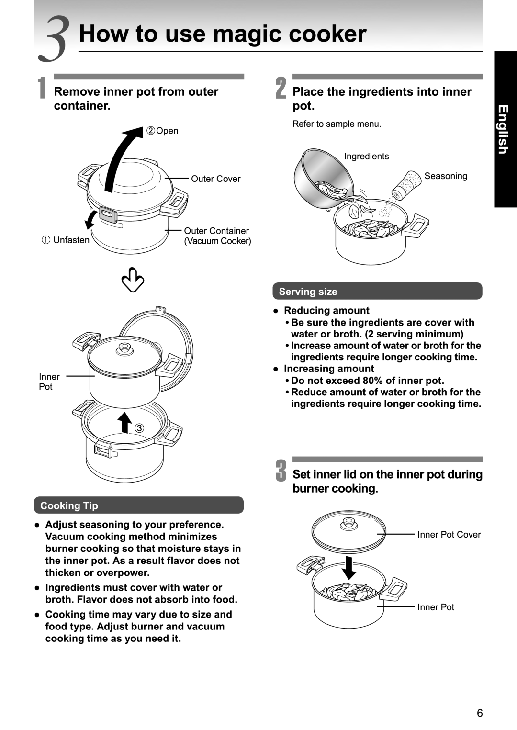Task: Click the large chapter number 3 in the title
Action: coord(55,39)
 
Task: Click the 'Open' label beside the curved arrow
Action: coord(167,131)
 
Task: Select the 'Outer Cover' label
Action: coord(215,179)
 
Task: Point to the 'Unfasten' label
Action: coord(71,240)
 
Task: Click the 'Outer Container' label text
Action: coord(216,231)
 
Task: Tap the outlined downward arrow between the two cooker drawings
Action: coord(133,280)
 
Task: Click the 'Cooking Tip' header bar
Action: coord(138,505)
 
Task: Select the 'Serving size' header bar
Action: coord(377,292)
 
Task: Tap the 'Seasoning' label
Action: coord(446,176)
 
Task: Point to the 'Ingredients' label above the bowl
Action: coord(366,156)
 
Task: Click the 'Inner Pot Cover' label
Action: coord(449,534)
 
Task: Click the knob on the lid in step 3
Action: coord(349,524)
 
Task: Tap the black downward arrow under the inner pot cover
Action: coord(349,567)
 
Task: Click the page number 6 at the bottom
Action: coord(480,713)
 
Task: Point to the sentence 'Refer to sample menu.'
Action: coord(337,124)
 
